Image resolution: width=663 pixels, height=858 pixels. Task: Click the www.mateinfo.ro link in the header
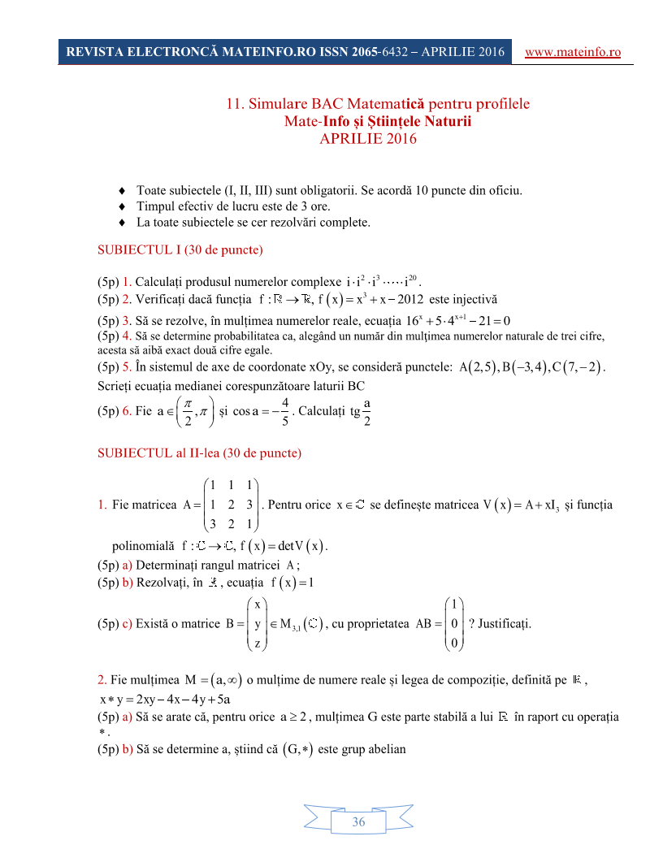coord(574,52)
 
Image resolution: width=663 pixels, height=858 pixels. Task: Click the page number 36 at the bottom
coord(358,822)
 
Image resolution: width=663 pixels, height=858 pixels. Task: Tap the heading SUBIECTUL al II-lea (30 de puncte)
coord(199,452)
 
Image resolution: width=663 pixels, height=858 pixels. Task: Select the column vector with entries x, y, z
coord(257,624)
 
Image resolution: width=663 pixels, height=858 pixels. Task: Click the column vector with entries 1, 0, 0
coord(453,624)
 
